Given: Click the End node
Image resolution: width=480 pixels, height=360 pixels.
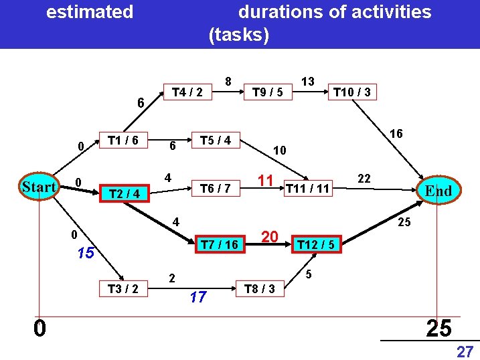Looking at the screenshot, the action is pos(438,191).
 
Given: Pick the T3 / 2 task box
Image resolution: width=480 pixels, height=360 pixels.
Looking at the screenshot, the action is pos(123,288).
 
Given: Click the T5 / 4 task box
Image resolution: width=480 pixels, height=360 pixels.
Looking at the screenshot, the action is pos(216,141).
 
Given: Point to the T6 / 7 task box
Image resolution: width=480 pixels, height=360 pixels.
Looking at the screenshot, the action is pos(216,189).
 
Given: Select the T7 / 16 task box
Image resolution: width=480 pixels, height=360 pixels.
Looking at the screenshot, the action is pos(220,245).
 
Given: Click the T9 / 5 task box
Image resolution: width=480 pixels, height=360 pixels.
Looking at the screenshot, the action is pos(267,92).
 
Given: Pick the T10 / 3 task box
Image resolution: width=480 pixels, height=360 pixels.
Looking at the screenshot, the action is pos(352,92).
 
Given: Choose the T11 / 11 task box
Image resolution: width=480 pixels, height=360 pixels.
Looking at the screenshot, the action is pos(307,189).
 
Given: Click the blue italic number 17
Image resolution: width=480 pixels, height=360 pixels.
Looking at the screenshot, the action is pos(197,297).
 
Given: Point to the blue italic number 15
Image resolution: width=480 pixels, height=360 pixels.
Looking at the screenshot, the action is pos(85,254).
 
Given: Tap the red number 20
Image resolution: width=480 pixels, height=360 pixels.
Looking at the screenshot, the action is pos(270,236).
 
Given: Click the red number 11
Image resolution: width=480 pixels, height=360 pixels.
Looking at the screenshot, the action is pos(265,179).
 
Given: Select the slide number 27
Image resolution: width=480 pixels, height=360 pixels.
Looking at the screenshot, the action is pos(464,351).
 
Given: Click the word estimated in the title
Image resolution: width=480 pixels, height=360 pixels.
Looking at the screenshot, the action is pos(90,12).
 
